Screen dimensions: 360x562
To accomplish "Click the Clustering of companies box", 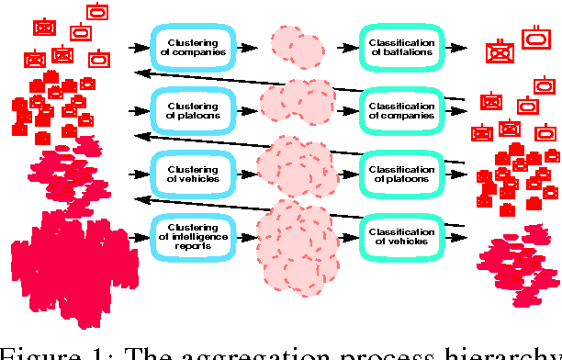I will tap(194, 46).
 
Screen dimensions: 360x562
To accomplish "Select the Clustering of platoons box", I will tap(194, 110).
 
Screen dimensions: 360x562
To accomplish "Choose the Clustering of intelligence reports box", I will tap(194, 234).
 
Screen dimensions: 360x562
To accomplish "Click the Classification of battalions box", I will tap(401, 46).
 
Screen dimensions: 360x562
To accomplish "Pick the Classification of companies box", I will tap(401, 110).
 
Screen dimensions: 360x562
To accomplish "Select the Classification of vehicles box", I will tap(401, 234).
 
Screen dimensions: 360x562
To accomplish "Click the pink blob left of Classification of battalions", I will tap(296, 46).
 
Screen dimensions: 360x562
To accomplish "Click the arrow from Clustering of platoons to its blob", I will tap(247, 110).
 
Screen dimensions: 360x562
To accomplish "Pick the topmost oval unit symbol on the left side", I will tap(96, 12).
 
